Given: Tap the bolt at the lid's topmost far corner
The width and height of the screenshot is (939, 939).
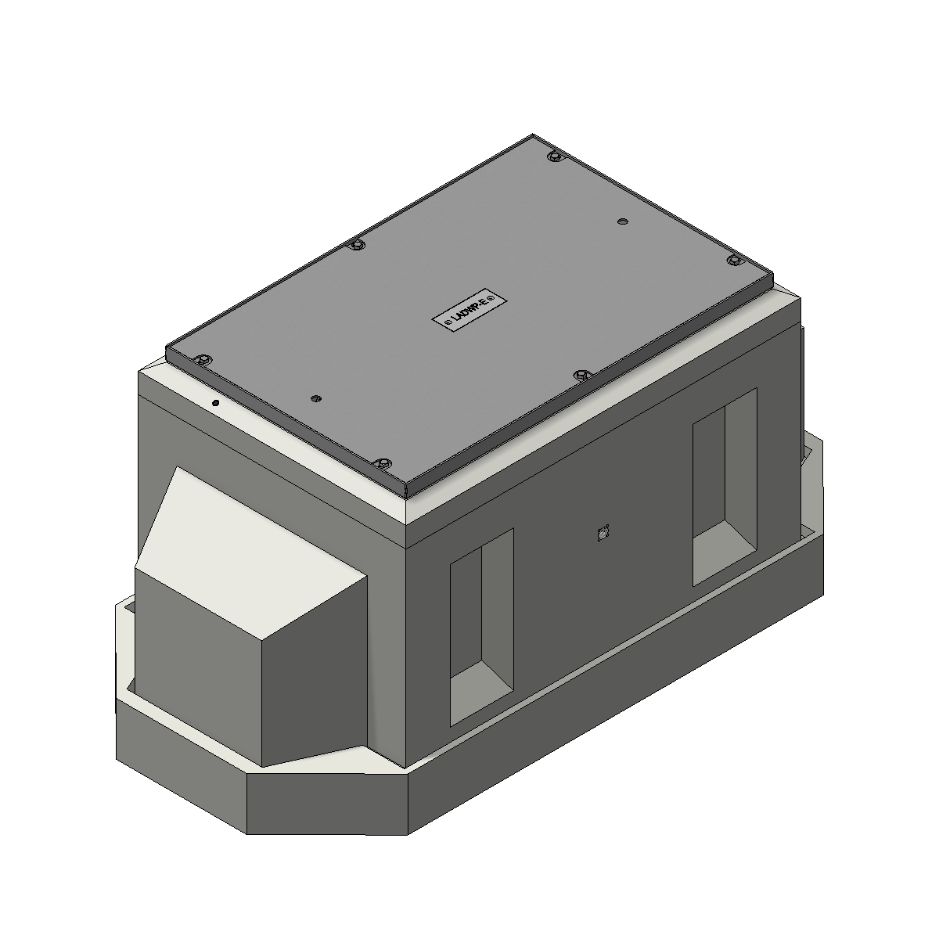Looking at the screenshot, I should [554, 157].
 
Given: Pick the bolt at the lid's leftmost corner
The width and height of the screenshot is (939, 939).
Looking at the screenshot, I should [203, 360].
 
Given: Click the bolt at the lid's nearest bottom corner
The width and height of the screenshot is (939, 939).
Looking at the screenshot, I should [382, 464].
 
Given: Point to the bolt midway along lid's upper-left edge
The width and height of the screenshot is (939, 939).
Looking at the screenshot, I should [357, 246].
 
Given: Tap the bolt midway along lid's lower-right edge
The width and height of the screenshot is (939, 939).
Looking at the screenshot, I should [580, 376].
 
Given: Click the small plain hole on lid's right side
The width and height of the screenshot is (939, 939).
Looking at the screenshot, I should [623, 222].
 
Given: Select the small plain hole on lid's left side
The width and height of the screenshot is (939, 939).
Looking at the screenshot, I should [315, 398].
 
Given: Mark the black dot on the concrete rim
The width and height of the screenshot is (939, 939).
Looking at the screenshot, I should [216, 403].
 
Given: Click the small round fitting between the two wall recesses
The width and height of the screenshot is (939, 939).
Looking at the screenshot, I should [603, 534].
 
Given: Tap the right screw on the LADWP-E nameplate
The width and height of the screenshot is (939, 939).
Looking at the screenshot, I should [495, 299].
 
